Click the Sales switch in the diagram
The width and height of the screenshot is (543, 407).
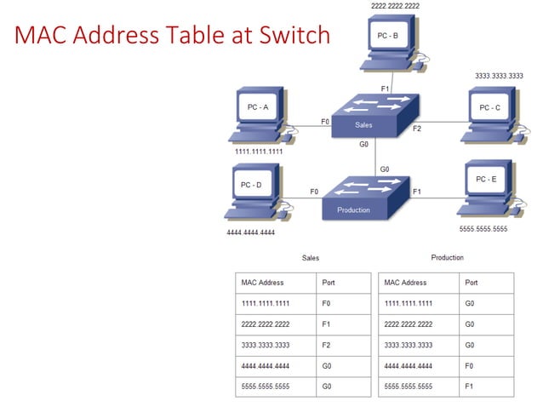374,117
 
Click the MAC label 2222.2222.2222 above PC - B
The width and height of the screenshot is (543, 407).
395,6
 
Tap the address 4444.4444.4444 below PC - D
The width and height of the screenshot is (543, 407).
250,232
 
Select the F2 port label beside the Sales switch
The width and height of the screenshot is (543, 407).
417,129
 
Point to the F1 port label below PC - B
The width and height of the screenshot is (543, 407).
385,88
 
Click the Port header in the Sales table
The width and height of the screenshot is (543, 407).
329,282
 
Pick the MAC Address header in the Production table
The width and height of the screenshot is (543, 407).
405,282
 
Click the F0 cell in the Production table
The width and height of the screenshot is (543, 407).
471,366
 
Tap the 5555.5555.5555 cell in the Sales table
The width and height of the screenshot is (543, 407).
266,387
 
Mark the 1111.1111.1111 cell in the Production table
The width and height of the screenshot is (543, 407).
409,303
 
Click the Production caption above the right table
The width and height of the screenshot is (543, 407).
447,257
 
